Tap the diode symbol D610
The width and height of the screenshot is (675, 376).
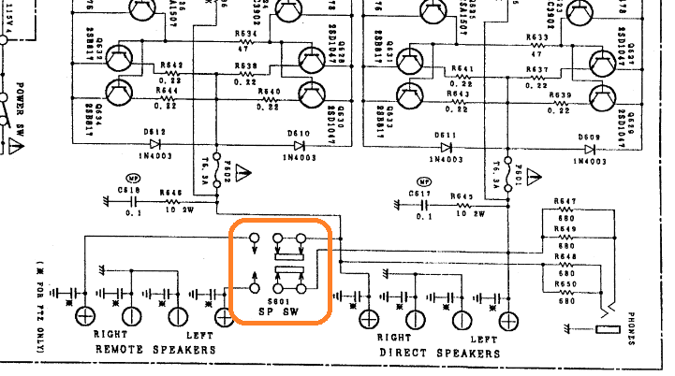tap(300, 145)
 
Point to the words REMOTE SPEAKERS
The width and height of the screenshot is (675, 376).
tap(155, 350)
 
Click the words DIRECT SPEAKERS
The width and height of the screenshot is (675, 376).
tap(439, 353)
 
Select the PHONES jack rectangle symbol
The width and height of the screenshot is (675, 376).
tap(609, 329)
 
